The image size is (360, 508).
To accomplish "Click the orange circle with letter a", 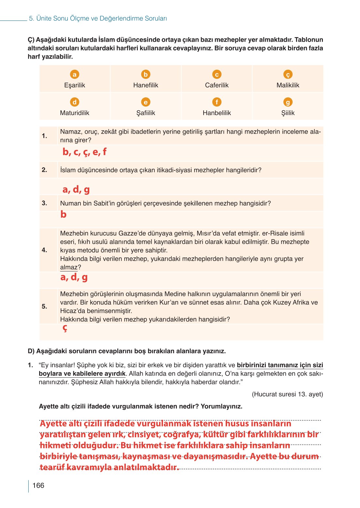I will (x=75, y=75).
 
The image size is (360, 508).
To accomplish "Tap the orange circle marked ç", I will (x=288, y=75).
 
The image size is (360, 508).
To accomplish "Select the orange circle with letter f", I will (x=217, y=102).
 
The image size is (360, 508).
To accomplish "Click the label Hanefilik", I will (x=146, y=85).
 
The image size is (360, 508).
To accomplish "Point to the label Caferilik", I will (x=217, y=85).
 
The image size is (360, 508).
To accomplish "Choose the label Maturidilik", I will (x=75, y=113).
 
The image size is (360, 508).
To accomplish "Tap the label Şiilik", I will (x=288, y=113).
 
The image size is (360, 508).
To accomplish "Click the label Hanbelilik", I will (x=217, y=113).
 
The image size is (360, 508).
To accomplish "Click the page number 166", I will (x=38, y=486).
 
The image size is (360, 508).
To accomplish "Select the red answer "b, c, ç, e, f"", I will (x=84, y=152).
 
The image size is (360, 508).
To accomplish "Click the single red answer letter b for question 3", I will (x=64, y=214).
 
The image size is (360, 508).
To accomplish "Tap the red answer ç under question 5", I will (x=65, y=328).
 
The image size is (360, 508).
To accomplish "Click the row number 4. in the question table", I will (x=45, y=250).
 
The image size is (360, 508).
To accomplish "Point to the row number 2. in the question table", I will (x=45, y=170).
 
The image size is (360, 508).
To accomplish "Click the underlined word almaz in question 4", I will (x=69, y=268).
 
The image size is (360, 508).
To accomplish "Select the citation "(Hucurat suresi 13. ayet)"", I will (x=287, y=394).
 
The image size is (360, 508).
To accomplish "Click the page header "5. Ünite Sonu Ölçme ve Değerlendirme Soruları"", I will (x=98, y=19).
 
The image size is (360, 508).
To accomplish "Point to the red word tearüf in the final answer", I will (x=52, y=467).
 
